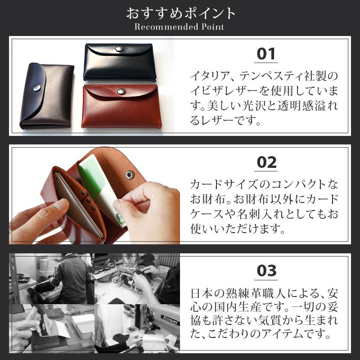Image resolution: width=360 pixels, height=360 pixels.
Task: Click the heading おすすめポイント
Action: [x=180, y=13]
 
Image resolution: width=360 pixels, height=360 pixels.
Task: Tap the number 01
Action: [x=266, y=54]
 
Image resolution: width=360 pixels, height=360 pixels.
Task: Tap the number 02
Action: [x=266, y=162]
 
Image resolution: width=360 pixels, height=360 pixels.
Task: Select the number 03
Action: [x=266, y=271]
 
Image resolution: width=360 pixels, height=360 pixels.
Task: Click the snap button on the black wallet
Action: [x=119, y=49]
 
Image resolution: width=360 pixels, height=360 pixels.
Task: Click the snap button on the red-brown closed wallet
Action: [x=120, y=91]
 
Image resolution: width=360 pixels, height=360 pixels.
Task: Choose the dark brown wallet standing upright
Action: [x=47, y=97]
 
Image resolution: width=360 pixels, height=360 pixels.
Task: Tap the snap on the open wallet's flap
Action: [x=130, y=174]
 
